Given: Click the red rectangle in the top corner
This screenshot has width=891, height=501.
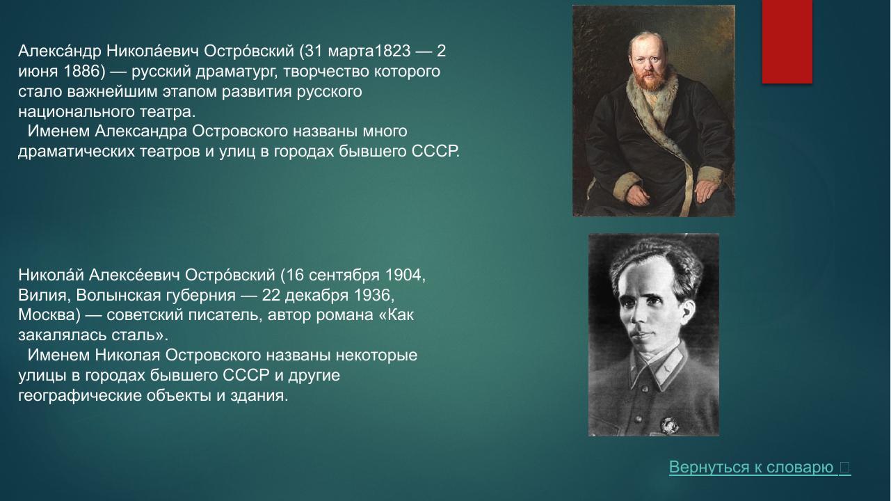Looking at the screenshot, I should point(787,42).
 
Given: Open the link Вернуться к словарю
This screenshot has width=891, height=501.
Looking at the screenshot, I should point(751,468).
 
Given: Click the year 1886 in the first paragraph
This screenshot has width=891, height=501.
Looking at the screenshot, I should point(73,72).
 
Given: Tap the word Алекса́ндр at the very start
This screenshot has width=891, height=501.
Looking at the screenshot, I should point(60,51).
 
